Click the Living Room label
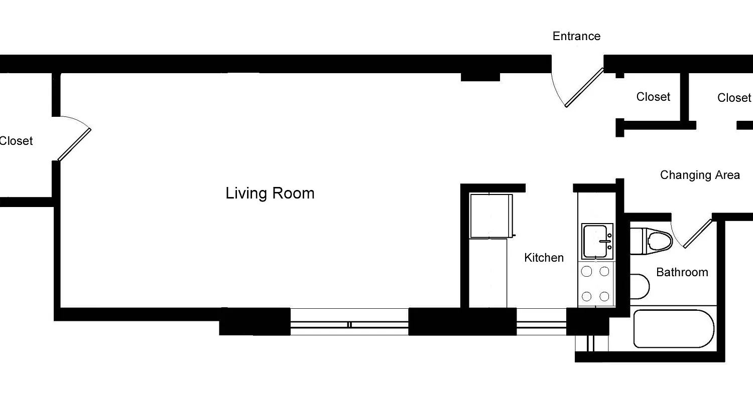coord(270,193)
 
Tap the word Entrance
coord(576,36)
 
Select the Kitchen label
coord(544,258)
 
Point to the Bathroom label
coord(682,272)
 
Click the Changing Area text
coord(699,175)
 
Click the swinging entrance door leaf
coord(584,88)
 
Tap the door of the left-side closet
coord(74,144)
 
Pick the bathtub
coord(673,329)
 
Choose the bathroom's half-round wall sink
coord(639,286)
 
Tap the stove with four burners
coord(595,284)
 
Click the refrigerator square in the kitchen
coord(491,216)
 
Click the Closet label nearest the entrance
coord(653,97)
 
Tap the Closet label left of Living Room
coord(16,141)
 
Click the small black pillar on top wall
coord(480,77)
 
